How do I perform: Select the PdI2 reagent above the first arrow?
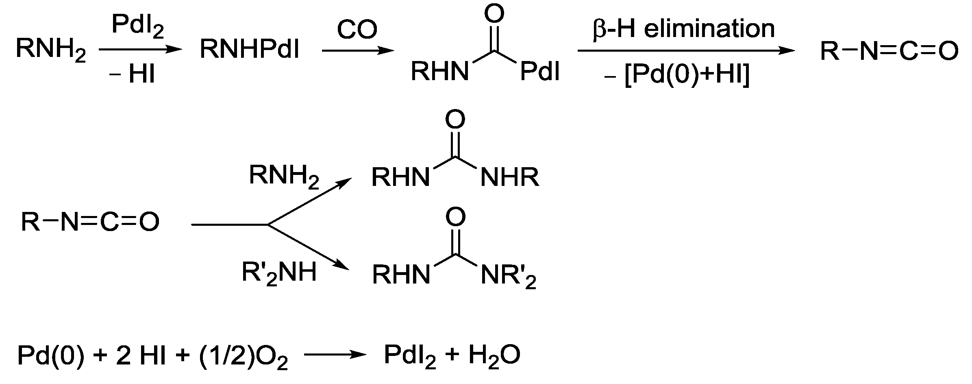pos(138,27)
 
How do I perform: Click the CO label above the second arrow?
pos(357,30)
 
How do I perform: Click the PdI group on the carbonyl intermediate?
pos(540,72)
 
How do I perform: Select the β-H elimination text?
pos(684,28)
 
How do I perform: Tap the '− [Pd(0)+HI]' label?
pos(678,76)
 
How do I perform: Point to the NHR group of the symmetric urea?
pos(510,178)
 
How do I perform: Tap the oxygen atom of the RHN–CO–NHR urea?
pos(455,119)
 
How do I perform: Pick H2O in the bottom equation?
pos(494,356)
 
